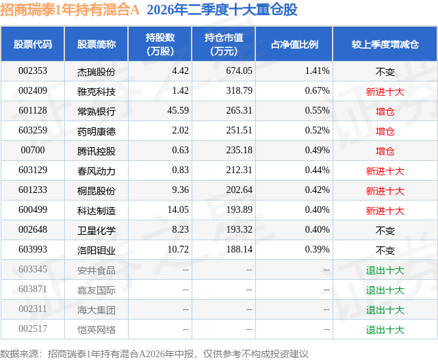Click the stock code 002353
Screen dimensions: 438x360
33,71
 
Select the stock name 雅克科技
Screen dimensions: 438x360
96,91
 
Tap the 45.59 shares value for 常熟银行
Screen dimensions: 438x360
178,111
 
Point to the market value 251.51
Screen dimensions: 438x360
239,131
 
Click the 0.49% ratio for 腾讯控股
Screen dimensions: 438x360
317,151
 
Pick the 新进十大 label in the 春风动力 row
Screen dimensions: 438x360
385,171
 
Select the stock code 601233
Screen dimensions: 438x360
33,190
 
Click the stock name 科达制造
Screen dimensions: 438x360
96,210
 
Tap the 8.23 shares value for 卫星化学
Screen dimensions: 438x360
180,229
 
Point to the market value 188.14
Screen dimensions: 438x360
239,249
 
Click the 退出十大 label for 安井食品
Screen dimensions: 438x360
385,270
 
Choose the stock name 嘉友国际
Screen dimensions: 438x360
96,290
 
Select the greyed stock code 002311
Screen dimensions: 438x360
33,309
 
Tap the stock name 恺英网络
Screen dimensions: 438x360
96,330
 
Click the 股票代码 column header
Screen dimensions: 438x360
33,44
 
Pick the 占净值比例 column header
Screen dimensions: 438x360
294,44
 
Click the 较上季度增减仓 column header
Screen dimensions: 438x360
385,44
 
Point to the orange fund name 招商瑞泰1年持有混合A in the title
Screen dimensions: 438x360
70,10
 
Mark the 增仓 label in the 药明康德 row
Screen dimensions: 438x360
385,131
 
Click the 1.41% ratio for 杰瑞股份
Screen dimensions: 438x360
317,71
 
